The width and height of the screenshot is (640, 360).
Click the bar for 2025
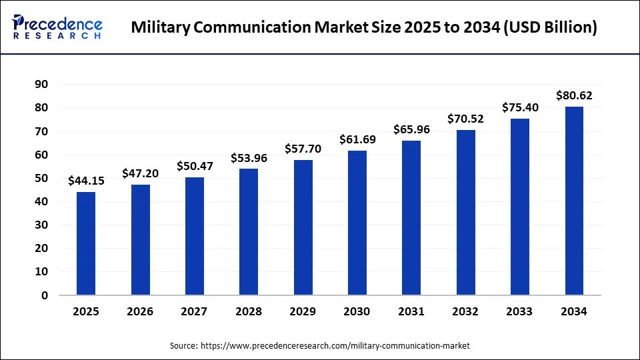pyautogui.click(x=86, y=243)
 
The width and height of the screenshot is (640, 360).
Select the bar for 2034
pyautogui.click(x=574, y=201)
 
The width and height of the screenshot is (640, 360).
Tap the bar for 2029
pyautogui.click(x=303, y=227)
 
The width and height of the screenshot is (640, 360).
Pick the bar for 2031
pyautogui.click(x=411, y=217)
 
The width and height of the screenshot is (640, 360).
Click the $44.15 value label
pyautogui.click(x=86, y=181)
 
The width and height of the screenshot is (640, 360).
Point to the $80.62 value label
pyautogui.click(x=574, y=95)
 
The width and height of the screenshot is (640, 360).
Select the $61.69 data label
pyautogui.click(x=357, y=139)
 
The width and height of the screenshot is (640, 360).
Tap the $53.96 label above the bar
pyautogui.click(x=249, y=158)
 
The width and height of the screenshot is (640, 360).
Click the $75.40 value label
pyautogui.click(x=520, y=107)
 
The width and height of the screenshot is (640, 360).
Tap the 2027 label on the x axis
pyautogui.click(x=194, y=312)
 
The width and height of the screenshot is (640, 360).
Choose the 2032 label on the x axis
pyautogui.click(x=465, y=312)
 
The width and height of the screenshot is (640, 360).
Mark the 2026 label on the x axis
pyautogui.click(x=140, y=312)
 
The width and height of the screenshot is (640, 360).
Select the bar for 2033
pyautogui.click(x=520, y=207)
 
